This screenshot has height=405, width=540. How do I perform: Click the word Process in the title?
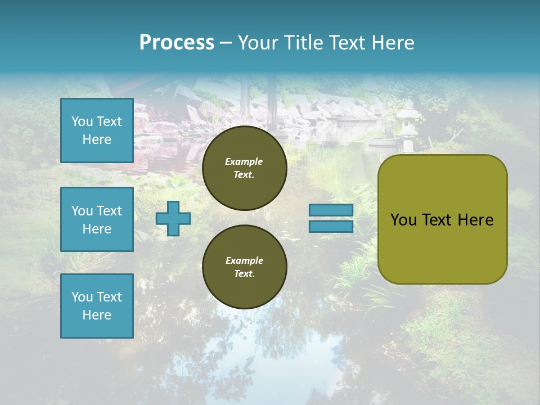[177, 42]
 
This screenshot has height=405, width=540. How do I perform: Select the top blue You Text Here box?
[97, 130]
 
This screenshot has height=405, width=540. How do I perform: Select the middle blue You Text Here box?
[97, 219]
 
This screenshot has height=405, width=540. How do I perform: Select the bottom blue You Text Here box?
[97, 305]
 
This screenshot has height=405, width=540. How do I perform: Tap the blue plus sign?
[173, 218]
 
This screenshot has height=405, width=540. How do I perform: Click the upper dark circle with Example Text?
[244, 168]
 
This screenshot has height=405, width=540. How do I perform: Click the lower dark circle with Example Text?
[244, 267]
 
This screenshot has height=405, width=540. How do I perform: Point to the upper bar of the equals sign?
[331, 210]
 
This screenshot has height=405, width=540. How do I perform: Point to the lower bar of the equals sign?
[331, 226]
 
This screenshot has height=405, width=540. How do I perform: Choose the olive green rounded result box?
[442, 219]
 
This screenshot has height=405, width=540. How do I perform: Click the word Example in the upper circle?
[244, 161]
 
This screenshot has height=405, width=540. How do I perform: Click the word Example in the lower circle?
[244, 260]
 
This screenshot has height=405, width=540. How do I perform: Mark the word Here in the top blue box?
[97, 139]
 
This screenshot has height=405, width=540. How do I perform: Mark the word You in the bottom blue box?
[82, 296]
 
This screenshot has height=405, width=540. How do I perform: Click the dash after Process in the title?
[226, 43]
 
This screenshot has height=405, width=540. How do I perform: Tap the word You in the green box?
[403, 220]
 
